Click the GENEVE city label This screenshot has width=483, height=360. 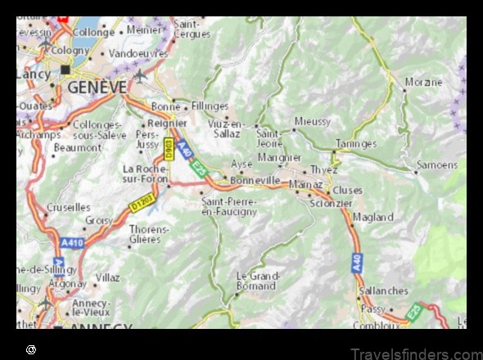pos(97,86)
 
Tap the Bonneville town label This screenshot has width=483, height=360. pos(255,180)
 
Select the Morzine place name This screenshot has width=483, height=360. pos(422,83)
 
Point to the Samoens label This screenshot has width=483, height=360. pos(436,164)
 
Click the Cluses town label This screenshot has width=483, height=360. pos(347,190)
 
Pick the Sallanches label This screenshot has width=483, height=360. pos(382,290)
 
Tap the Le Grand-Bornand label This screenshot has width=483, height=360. pos(255,281)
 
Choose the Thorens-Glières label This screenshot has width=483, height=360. pos(149,235)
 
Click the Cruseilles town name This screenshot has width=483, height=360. pos(69,207)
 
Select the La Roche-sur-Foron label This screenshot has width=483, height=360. pos(145,173)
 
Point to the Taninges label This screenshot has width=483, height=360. pos(355,143)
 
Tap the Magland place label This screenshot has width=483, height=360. pos(372,217)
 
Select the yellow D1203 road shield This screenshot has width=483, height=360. pos(142,203)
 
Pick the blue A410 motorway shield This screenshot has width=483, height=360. pos(71,243)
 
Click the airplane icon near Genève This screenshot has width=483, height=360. pos(140,75)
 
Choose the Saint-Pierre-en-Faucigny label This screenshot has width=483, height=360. pos(229,206)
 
